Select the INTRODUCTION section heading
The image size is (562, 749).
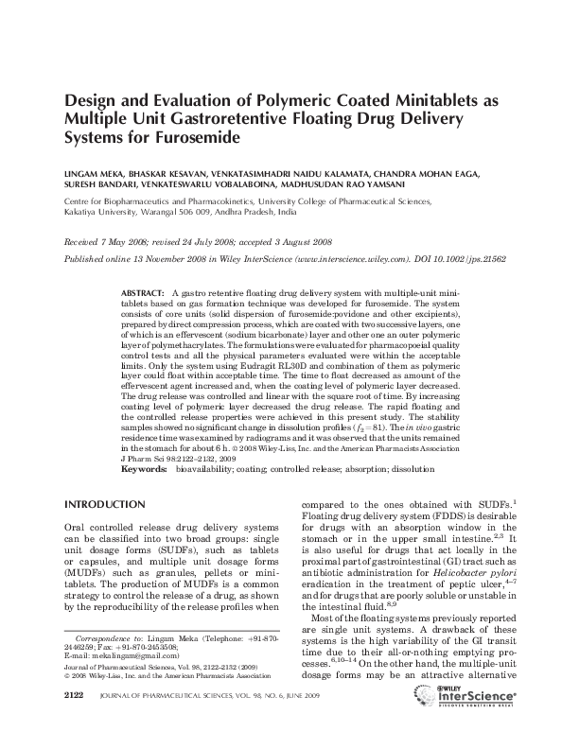(x=104, y=504)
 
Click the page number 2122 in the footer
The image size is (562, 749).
(x=74, y=722)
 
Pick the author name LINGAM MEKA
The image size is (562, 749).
(x=93, y=176)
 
